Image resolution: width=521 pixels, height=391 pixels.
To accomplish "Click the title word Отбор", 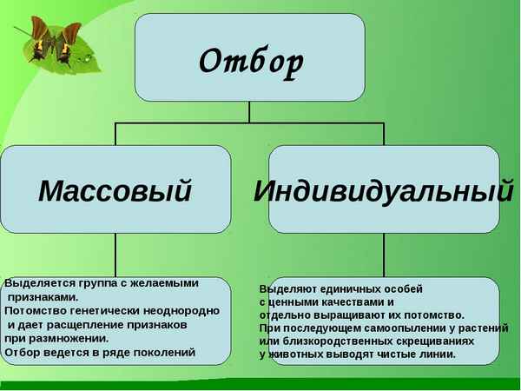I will [250, 61].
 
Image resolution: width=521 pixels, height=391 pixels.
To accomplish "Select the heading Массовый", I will [115, 190].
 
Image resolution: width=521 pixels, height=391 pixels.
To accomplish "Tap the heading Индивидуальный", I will [383, 190].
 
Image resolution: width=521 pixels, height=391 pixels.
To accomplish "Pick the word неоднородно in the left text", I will [185, 310].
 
